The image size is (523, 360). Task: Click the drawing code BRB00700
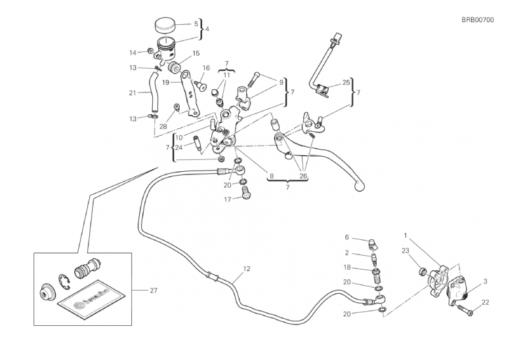pyautogui.click(x=477, y=20)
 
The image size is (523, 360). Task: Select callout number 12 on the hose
pyautogui.click(x=247, y=269)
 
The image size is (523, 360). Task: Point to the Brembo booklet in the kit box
pyautogui.click(x=88, y=300)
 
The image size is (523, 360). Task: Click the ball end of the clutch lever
pyautogui.click(x=358, y=187)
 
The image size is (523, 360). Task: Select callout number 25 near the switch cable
pyautogui.click(x=346, y=83)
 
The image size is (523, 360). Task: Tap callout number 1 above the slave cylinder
pyautogui.click(x=406, y=235)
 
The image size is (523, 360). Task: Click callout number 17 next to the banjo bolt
pyautogui.click(x=226, y=201)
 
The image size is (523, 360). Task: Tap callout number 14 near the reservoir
pyautogui.click(x=133, y=52)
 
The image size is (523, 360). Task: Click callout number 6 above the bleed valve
pyautogui.click(x=347, y=237)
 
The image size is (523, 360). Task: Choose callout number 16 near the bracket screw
pyautogui.click(x=206, y=68)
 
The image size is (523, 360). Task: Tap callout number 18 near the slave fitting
pyautogui.click(x=347, y=268)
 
